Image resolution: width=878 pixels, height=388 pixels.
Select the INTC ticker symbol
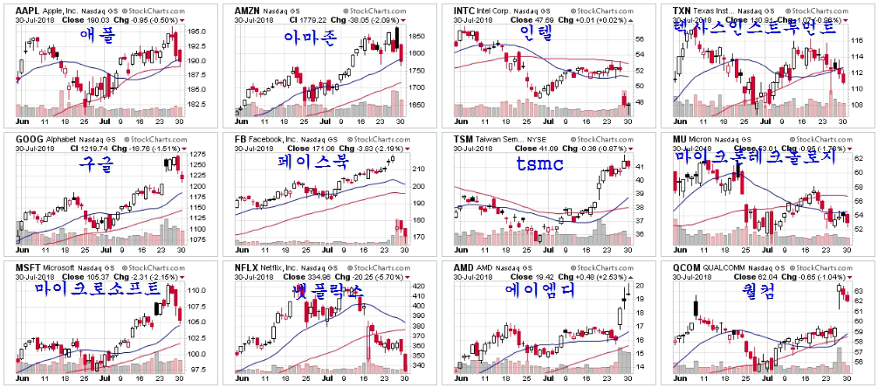pyautogui.click(x=463, y=10)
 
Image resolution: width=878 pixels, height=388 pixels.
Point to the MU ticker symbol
pyautogui.click(x=680, y=139)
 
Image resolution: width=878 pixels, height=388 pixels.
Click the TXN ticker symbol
pyautogui.click(x=683, y=10)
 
